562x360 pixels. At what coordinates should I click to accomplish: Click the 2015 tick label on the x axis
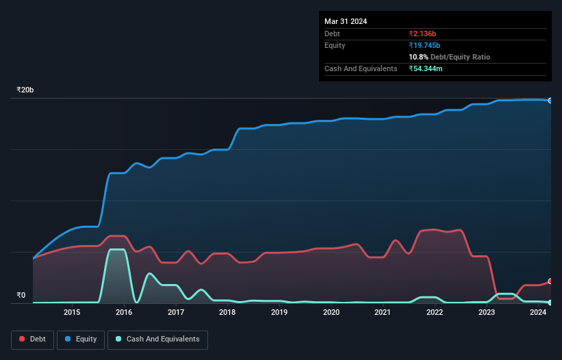click(x=72, y=312)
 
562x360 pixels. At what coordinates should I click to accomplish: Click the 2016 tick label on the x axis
click(x=124, y=312)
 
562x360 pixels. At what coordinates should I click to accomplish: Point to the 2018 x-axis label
click(x=227, y=312)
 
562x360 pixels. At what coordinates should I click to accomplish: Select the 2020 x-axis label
click(x=331, y=312)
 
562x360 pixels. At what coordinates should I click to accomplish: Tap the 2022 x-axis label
click(x=435, y=312)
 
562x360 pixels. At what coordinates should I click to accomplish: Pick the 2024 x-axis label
click(x=538, y=312)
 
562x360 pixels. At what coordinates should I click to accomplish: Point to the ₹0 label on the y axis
click(x=21, y=296)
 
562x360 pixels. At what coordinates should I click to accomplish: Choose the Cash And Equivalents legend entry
click(x=157, y=339)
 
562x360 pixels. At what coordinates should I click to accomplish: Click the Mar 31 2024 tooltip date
click(x=346, y=21)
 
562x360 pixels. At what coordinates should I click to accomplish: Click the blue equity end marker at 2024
click(x=550, y=101)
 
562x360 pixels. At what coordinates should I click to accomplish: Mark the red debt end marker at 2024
click(x=550, y=281)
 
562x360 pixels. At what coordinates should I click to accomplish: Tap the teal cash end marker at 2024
click(x=550, y=302)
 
